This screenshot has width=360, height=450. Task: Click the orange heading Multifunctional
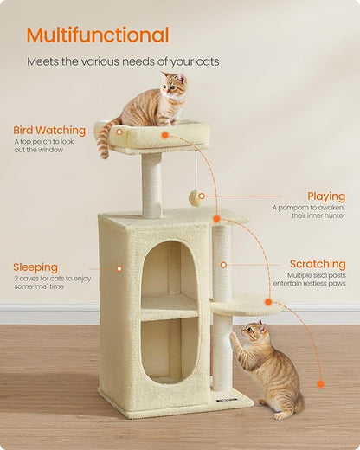(98, 35)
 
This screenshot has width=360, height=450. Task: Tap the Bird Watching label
(49, 131)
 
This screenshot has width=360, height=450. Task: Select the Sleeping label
(35, 267)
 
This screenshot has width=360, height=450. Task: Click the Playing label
(325, 196)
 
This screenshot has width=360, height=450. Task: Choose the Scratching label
(317, 264)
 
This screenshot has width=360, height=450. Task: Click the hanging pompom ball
(195, 198)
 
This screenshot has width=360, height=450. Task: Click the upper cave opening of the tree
(169, 268)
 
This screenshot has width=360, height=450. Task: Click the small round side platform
(247, 304)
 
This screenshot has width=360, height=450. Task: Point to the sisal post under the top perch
(151, 185)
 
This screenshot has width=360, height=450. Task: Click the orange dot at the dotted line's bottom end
(320, 383)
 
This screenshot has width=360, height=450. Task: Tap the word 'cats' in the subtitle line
(205, 61)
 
